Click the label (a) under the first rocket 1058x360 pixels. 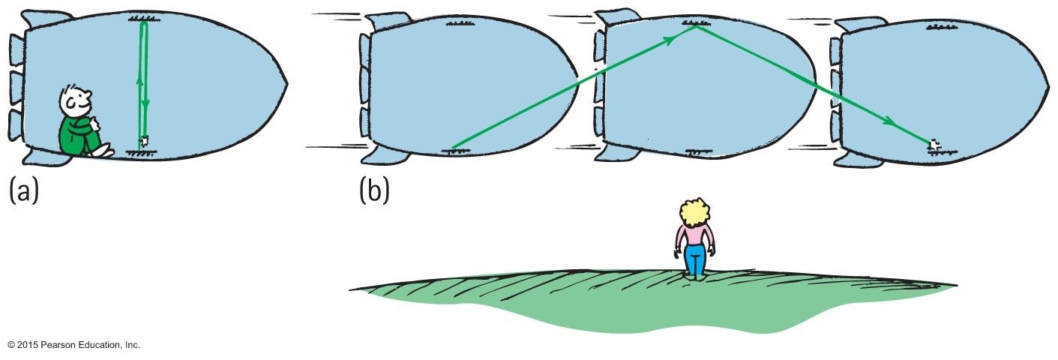pos(23,190)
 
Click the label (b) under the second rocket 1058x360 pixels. pos(374,190)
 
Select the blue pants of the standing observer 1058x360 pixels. pos(695,258)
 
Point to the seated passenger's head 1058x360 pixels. pos(76,98)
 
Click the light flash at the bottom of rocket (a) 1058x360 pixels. pos(145,140)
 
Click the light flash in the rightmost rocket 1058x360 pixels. pos(934,144)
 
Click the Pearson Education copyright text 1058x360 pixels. pos(73,345)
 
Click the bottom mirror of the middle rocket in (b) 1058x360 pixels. pos(695,150)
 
